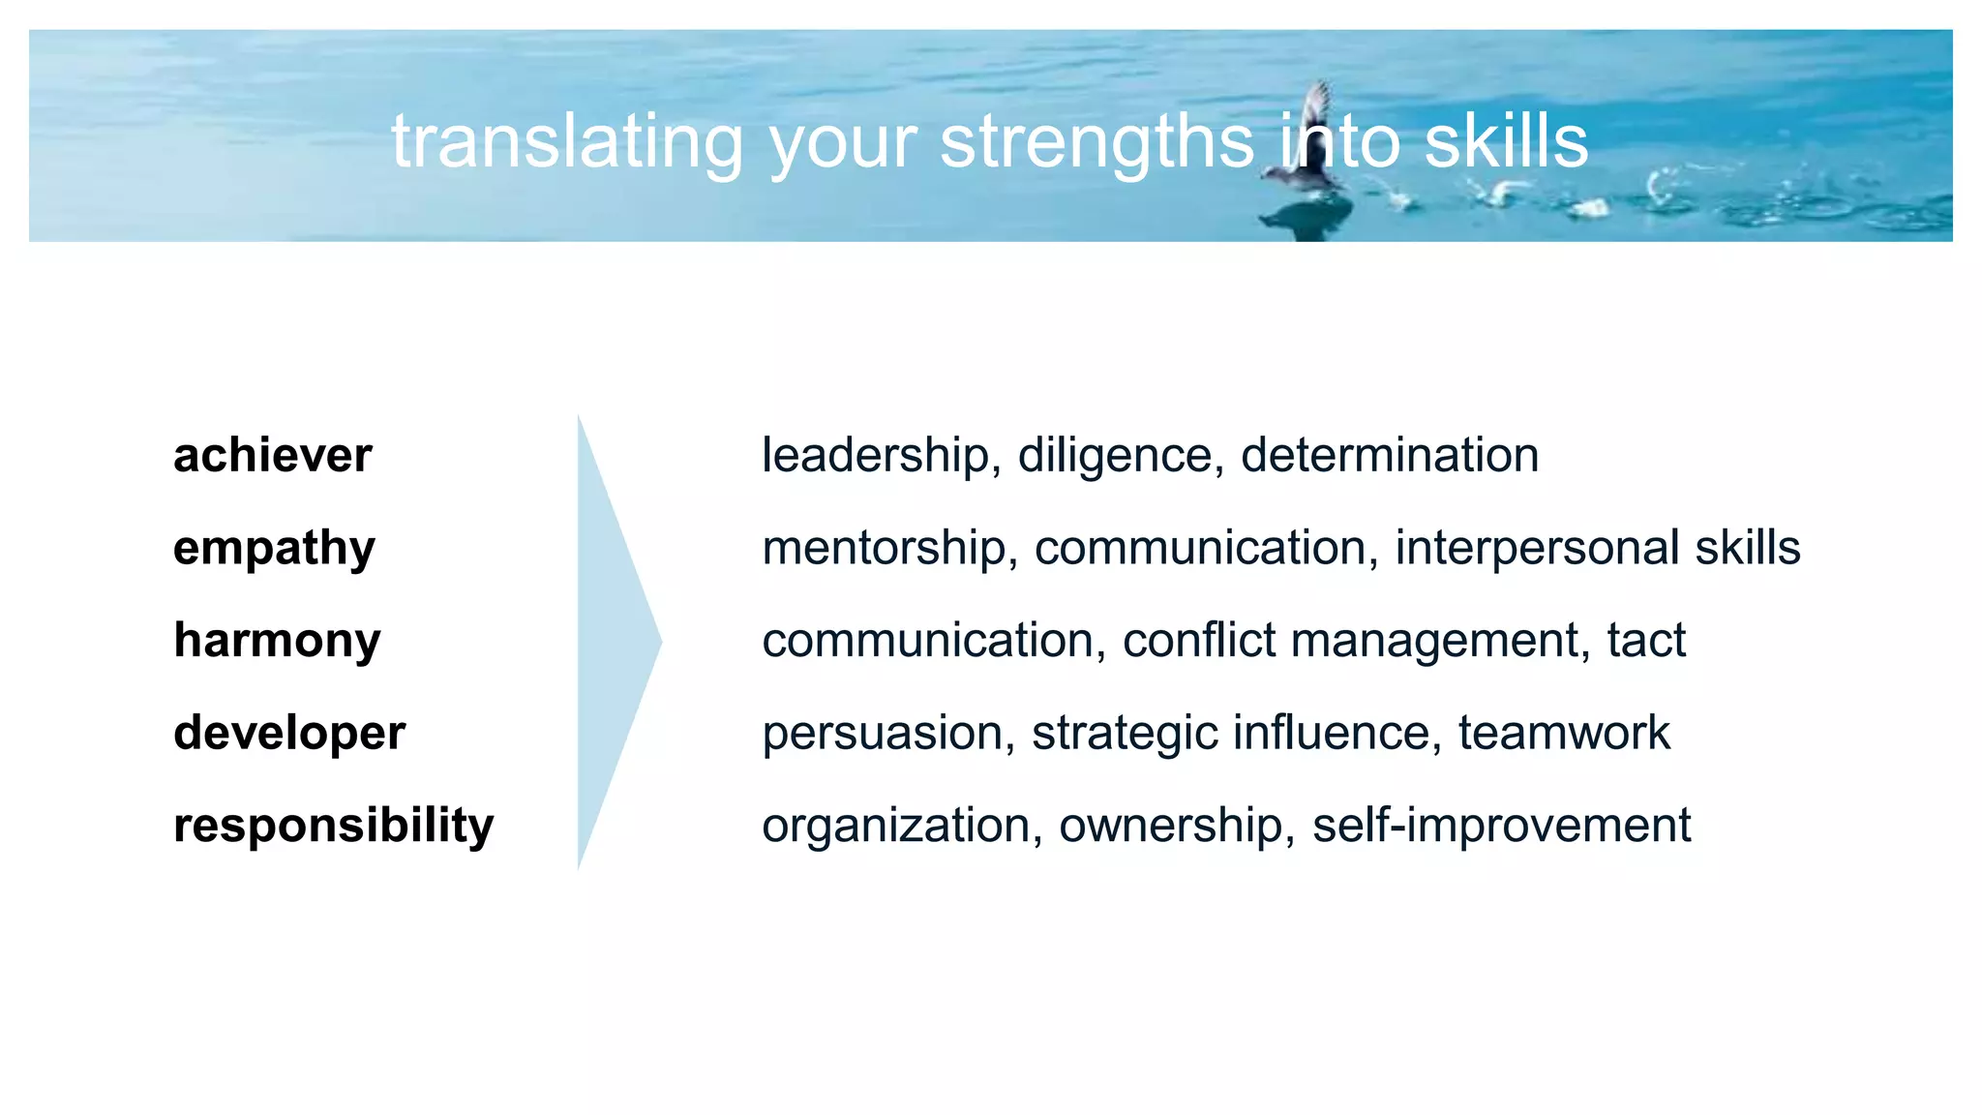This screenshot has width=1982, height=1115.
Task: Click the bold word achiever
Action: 272,455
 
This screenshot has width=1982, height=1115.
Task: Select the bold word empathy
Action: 274,549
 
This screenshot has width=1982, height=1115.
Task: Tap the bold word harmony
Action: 277,641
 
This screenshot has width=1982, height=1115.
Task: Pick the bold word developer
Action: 289,734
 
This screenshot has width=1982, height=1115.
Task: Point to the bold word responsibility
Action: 333,826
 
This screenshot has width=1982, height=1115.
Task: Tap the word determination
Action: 1390,455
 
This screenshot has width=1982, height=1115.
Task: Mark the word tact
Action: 1646,641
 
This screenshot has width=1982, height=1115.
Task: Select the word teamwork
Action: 1564,734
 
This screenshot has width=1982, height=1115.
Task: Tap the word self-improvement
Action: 1501,826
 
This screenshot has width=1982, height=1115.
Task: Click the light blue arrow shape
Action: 610,641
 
